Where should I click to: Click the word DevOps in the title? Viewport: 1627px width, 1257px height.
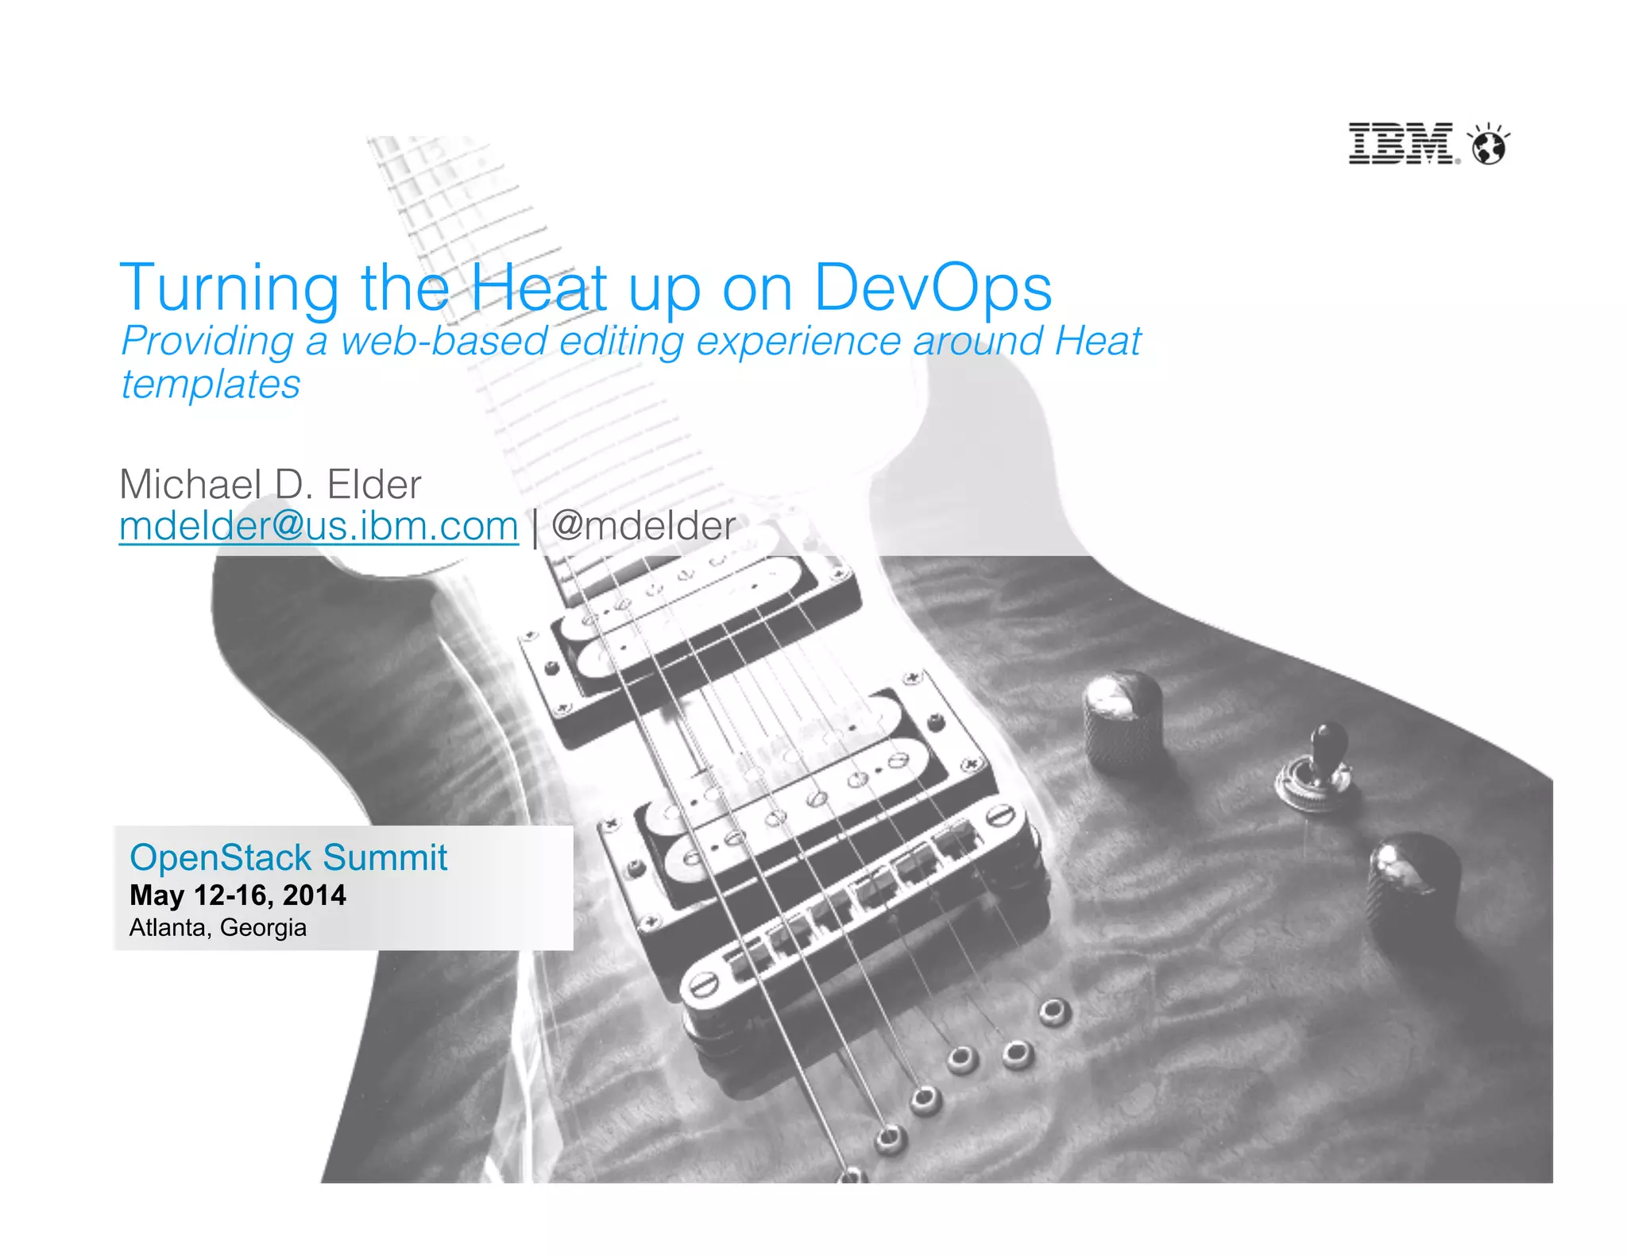(x=933, y=288)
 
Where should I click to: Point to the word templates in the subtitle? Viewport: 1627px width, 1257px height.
(x=211, y=385)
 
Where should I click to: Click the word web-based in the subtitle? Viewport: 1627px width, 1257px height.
(x=444, y=342)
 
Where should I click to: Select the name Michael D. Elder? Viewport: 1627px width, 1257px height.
(x=270, y=484)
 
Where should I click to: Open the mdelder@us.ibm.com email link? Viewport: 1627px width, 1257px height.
(x=319, y=526)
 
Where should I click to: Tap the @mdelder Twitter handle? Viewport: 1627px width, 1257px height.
(x=643, y=526)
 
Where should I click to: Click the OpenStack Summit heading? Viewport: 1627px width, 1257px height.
(x=288, y=858)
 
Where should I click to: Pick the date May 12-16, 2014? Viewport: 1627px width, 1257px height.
(x=238, y=895)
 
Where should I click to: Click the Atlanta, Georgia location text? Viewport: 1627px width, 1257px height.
(x=218, y=927)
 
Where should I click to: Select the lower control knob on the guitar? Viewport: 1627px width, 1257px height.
(x=1413, y=882)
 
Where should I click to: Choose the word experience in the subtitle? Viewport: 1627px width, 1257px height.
(x=798, y=342)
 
